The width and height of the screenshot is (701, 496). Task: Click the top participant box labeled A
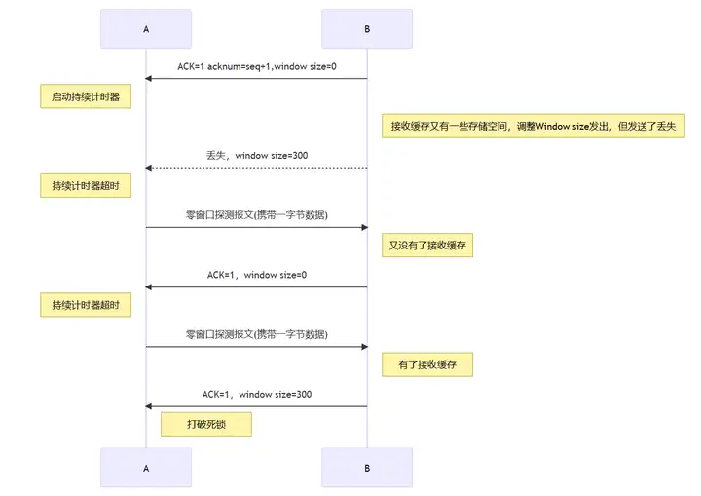tap(146, 29)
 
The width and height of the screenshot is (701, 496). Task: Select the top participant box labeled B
tap(367, 29)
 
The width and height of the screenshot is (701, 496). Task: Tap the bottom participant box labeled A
tap(146, 468)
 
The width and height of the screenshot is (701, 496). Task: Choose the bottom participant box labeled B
tap(367, 468)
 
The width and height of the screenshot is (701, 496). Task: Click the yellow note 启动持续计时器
tap(86, 96)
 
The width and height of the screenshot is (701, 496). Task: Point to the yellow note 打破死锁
tap(205, 424)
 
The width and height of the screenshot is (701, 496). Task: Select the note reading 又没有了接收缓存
tap(427, 246)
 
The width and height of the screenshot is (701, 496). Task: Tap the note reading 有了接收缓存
tap(427, 365)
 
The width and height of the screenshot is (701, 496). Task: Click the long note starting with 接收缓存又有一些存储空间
tap(534, 126)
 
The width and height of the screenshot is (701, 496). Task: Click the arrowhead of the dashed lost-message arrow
tap(150, 168)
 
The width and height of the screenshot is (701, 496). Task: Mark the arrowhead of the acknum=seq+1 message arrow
tap(150, 78)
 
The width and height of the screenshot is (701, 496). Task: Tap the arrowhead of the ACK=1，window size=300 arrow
tap(150, 406)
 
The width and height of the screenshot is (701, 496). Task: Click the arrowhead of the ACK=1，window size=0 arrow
tap(150, 287)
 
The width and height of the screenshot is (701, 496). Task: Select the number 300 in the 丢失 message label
tap(300, 155)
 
